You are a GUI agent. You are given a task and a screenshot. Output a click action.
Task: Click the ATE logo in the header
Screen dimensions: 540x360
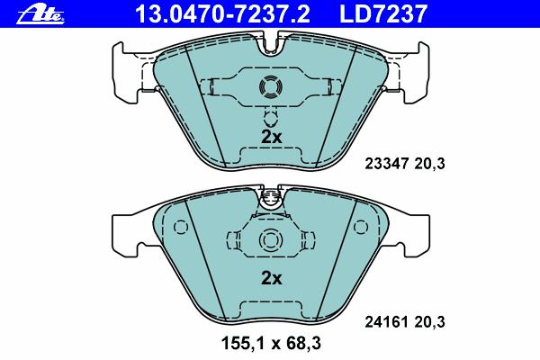click(40, 14)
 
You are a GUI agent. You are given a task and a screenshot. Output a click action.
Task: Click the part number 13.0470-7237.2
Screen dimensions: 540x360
click(222, 14)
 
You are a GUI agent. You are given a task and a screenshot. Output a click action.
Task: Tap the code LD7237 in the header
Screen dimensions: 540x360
click(383, 14)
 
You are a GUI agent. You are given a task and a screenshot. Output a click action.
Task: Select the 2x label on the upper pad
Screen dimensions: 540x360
click(272, 137)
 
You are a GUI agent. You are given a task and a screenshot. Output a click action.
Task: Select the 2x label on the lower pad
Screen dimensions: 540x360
click(272, 278)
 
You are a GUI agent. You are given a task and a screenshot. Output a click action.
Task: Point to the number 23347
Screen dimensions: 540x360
click(387, 163)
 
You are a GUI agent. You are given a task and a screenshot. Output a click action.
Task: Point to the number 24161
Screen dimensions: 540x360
click(387, 322)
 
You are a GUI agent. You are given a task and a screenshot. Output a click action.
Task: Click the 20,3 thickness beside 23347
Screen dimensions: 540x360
click(429, 163)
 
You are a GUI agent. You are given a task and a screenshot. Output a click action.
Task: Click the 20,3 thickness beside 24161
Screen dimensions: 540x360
click(429, 322)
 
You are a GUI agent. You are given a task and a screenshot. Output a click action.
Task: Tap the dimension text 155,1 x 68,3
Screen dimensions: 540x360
click(271, 343)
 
